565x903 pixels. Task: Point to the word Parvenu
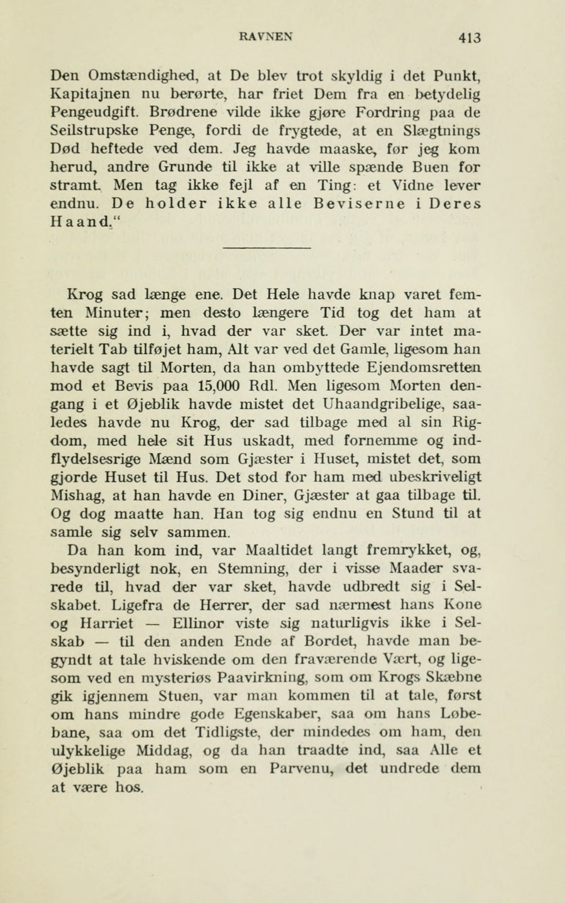pyautogui.click(x=304, y=769)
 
